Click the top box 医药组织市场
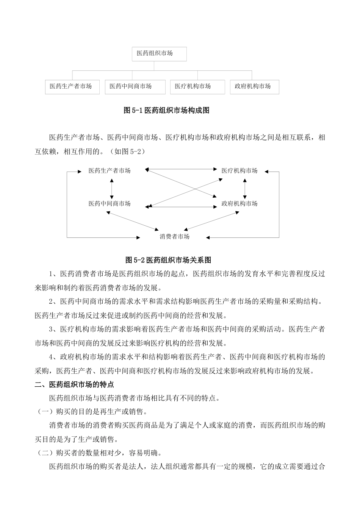click(x=159, y=54)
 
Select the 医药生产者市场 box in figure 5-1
click(x=72, y=87)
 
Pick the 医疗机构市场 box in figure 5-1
click(x=197, y=87)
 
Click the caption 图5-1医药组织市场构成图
click(x=167, y=111)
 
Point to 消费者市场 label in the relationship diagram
click(x=174, y=237)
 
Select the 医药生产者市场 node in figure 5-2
click(x=110, y=171)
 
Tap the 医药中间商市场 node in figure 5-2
click(x=110, y=204)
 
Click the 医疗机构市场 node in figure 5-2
click(x=239, y=171)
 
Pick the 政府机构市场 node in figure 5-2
click(x=239, y=204)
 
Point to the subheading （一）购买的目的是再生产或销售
click(x=91, y=412)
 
